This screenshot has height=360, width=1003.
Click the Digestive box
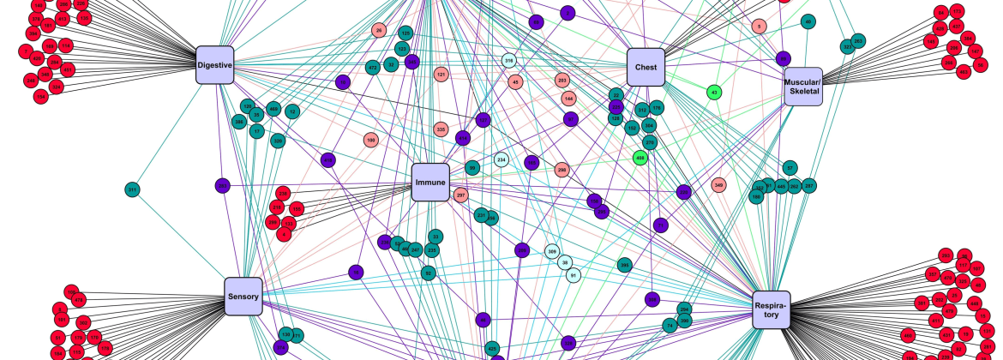click(214, 65)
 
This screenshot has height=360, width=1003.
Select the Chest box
click(646, 67)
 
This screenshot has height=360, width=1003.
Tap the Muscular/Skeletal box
click(803, 87)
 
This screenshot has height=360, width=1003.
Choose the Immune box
click(430, 183)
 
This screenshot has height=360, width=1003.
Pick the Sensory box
click(243, 297)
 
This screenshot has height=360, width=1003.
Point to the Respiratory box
click(772, 309)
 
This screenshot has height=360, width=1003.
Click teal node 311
click(132, 189)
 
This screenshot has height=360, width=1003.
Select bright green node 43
click(713, 92)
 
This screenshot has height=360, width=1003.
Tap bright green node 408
click(640, 158)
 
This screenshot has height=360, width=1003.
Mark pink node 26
click(379, 31)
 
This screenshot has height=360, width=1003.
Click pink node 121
click(441, 75)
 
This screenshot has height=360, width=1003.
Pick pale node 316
click(508, 61)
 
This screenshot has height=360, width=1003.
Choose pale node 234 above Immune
click(501, 159)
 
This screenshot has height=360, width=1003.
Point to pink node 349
click(718, 184)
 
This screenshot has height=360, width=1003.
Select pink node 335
click(441, 129)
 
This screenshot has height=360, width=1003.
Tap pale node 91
click(573, 275)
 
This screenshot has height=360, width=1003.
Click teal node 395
click(625, 266)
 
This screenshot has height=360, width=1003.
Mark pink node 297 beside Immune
click(461, 195)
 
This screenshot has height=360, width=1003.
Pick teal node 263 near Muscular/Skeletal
click(858, 40)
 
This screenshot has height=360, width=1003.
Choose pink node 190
click(371, 139)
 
